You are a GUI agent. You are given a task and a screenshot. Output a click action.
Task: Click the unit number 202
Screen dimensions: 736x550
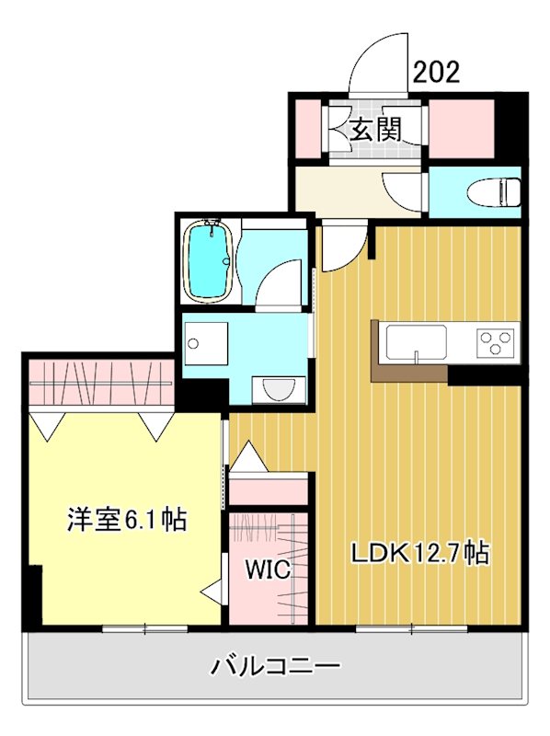pos(436,73)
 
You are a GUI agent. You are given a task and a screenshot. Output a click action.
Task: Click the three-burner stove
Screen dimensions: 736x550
pos(496,343)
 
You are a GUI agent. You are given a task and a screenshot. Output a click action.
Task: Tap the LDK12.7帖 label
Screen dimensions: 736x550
pos(418,553)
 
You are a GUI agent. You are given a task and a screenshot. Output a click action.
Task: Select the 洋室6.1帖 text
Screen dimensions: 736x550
pos(126,521)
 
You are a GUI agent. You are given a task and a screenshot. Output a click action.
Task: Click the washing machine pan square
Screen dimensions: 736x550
pos(204,342)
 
